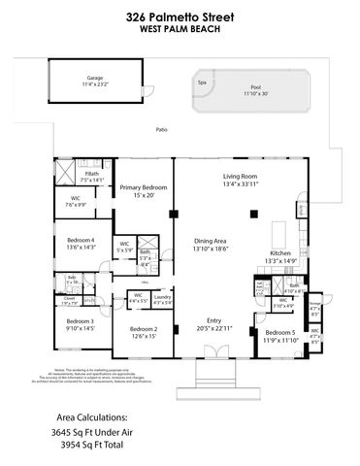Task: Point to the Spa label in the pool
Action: [x=202, y=83]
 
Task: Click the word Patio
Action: [x=162, y=129]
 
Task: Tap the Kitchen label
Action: [x=279, y=255]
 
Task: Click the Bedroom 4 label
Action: [x=81, y=243]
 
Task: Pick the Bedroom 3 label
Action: [x=80, y=324]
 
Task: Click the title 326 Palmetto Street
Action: [x=180, y=15]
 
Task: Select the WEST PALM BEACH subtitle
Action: [x=180, y=28]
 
